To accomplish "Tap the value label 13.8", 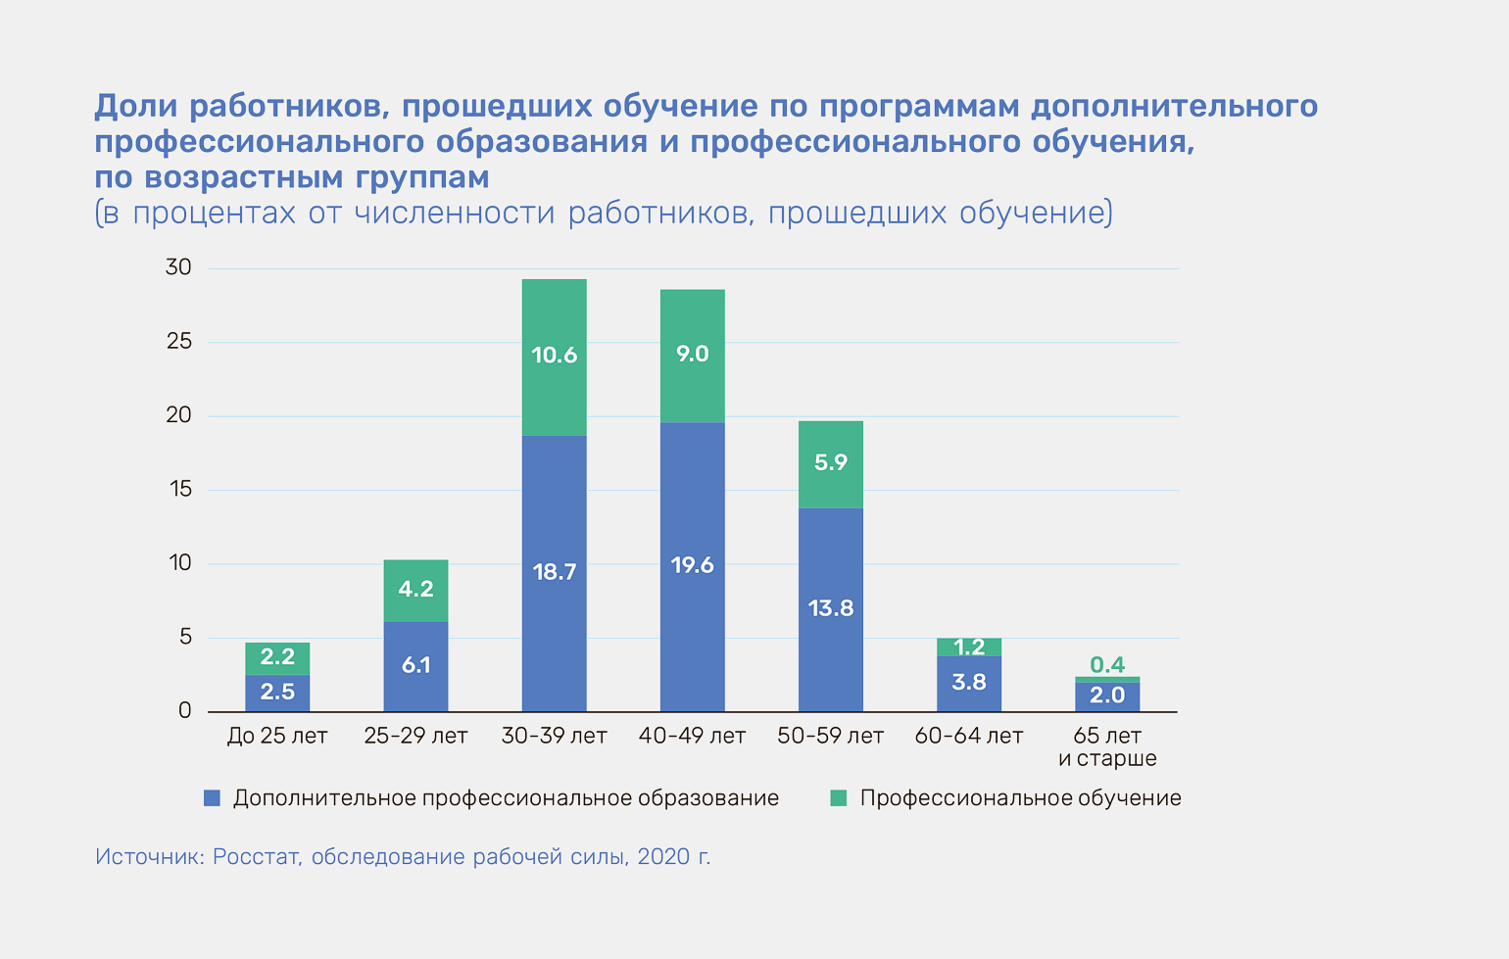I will pyautogui.click(x=830, y=608).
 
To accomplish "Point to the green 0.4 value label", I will pyautogui.click(x=1107, y=665).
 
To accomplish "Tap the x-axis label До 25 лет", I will pyautogui.click(x=277, y=736).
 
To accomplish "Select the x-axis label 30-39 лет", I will pyautogui.click(x=554, y=736).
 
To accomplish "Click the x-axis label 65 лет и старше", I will pyautogui.click(x=1107, y=746).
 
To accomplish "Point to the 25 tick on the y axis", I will pyautogui.click(x=179, y=342).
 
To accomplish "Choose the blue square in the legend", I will pyautogui.click(x=212, y=798).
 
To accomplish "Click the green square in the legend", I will pyautogui.click(x=838, y=798).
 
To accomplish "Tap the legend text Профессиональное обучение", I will pyautogui.click(x=1020, y=798).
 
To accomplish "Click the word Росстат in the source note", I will pyautogui.click(x=256, y=857).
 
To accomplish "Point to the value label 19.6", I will pyautogui.click(x=692, y=565).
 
